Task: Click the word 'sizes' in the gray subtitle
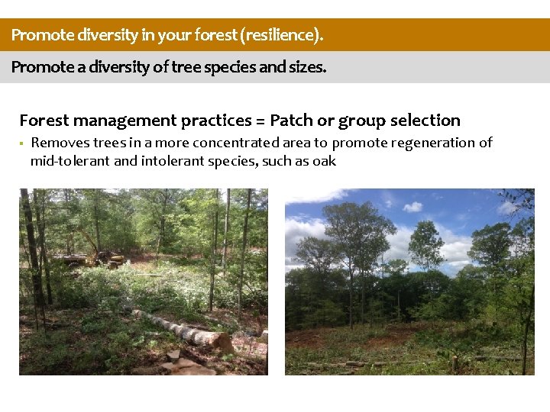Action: pos(306,67)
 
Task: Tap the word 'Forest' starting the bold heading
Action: pos(45,121)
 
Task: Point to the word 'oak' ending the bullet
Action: pos(324,161)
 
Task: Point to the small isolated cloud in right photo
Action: pos(412,207)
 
